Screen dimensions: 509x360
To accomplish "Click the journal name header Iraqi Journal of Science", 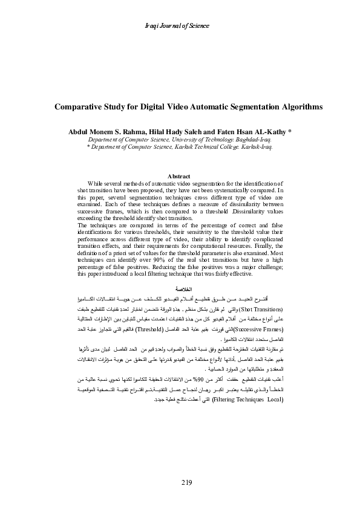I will (x=180, y=26).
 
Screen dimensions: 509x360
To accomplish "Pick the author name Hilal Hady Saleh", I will (x=176, y=131).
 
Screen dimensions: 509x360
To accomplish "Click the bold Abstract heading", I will (x=179, y=176).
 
